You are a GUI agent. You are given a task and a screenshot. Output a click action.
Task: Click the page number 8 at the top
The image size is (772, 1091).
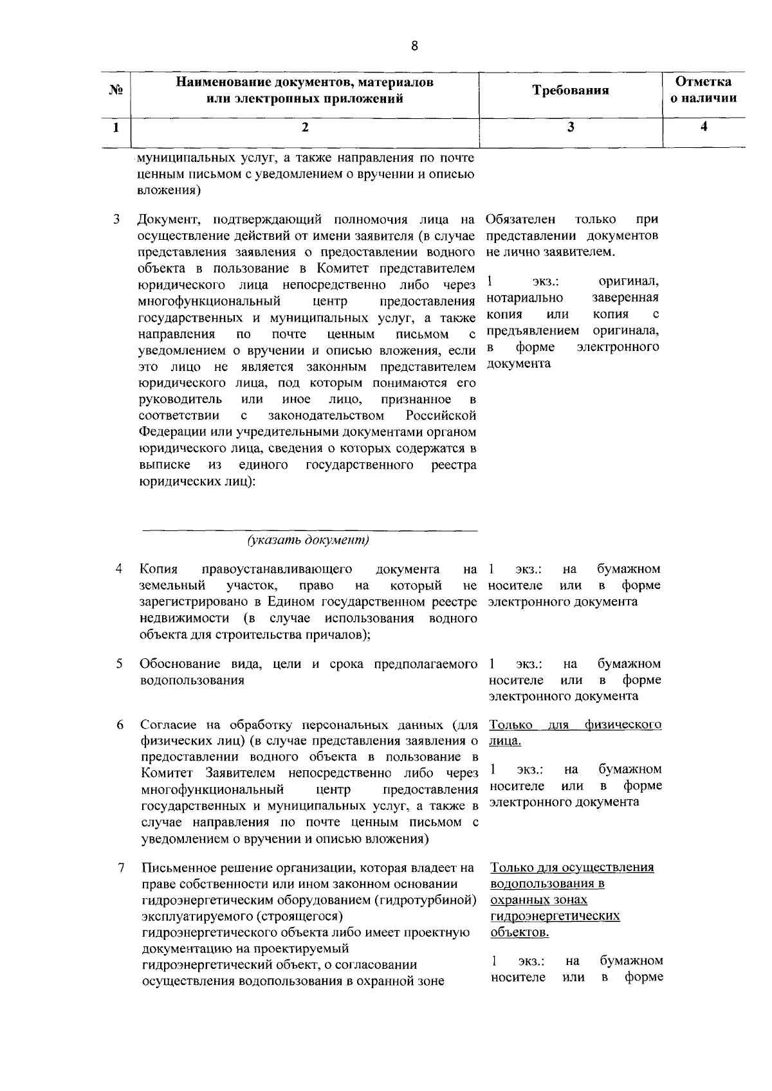[414, 46]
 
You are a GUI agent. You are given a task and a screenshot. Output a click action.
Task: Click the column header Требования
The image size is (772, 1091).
[570, 91]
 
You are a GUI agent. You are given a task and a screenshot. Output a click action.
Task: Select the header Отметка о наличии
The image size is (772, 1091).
[703, 90]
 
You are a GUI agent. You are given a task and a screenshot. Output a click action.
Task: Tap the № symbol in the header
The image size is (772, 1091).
[116, 91]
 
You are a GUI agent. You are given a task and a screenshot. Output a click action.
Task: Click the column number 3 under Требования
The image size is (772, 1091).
[570, 127]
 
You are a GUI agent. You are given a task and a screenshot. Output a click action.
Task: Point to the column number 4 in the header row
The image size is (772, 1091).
[704, 127]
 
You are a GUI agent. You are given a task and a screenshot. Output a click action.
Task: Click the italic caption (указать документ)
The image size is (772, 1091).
[309, 540]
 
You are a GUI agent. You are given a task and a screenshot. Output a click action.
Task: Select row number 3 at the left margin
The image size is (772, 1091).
[116, 219]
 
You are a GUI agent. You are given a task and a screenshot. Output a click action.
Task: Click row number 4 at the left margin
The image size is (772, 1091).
[118, 569]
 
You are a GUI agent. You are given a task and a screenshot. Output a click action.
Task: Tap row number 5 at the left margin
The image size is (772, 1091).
[119, 663]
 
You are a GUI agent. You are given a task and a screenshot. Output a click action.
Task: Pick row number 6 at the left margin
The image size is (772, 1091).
[120, 725]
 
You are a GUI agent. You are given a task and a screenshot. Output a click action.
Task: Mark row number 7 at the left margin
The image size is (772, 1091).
[120, 867]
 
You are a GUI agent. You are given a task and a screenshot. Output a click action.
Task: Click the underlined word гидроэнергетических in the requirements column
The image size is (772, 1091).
[555, 916]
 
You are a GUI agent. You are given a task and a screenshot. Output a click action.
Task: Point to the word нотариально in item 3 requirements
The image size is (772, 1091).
[524, 298]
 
